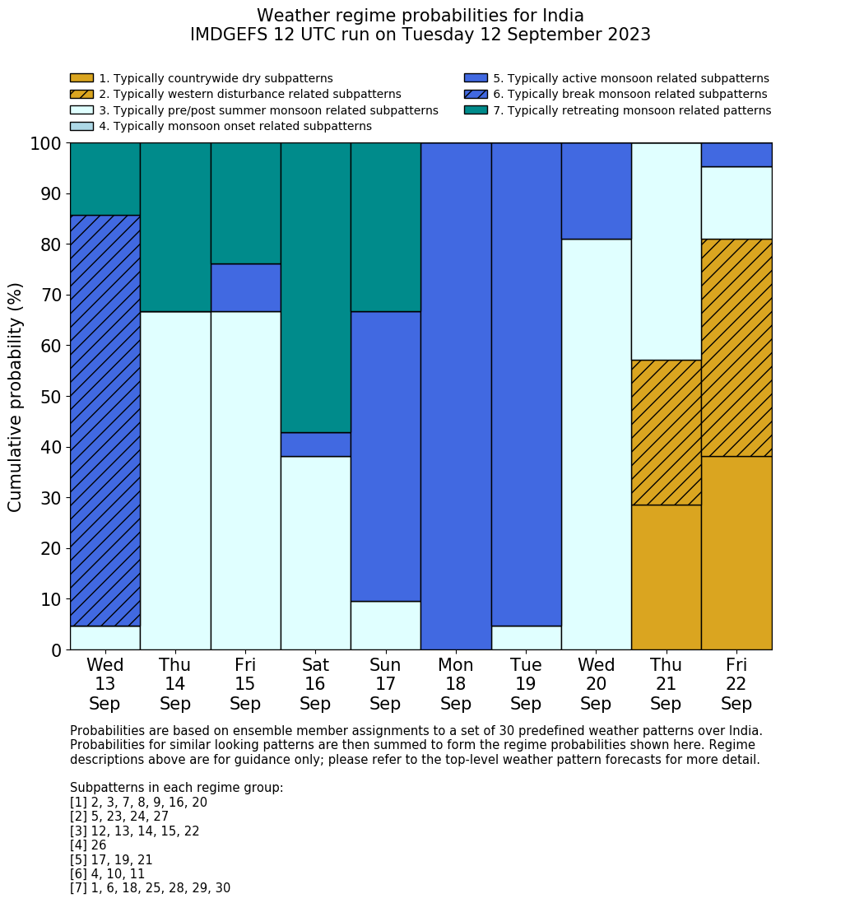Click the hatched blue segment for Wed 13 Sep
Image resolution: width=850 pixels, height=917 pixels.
(105, 420)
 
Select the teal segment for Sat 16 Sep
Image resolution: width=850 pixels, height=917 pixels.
(315, 287)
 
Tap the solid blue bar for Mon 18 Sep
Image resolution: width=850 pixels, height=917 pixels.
(456, 396)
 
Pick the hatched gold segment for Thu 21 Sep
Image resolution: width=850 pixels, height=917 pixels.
(666, 432)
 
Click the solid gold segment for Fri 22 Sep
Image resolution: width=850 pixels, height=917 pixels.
(736, 552)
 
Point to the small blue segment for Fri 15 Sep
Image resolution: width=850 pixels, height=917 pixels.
(245, 287)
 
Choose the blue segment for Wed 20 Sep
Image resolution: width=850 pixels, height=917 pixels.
(596, 191)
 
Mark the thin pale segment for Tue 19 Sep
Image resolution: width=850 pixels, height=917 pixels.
(526, 638)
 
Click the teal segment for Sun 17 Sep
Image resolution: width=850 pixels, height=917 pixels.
(385, 227)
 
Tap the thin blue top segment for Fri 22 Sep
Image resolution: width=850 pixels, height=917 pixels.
(736, 155)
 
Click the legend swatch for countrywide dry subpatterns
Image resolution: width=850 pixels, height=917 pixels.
(81, 78)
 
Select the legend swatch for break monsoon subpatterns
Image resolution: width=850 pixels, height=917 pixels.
(476, 94)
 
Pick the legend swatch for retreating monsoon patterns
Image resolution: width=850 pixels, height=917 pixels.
(476, 110)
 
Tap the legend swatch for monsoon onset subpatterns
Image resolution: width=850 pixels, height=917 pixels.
(81, 126)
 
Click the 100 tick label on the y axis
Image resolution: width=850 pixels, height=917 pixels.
(46, 144)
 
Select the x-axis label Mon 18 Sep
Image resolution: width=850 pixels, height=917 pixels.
(456, 684)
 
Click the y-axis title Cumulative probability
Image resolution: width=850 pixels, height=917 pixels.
(16, 397)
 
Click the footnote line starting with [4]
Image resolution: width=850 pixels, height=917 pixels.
(88, 845)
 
